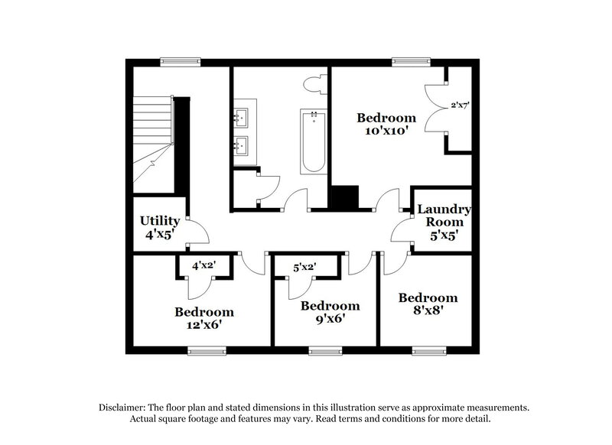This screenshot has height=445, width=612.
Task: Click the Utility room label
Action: (160, 221)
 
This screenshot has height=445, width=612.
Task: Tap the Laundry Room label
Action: (444, 215)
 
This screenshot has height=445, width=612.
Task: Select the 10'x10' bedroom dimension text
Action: (386, 131)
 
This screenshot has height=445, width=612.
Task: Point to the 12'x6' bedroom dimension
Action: (203, 325)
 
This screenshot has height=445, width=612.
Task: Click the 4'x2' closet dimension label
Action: (203, 265)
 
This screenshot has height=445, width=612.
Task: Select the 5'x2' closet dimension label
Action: (305, 267)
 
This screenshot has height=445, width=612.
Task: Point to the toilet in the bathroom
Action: (315, 83)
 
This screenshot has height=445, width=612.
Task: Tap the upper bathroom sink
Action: (239, 117)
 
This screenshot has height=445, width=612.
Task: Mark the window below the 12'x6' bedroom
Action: (203, 351)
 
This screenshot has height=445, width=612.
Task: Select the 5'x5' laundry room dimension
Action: (444, 237)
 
